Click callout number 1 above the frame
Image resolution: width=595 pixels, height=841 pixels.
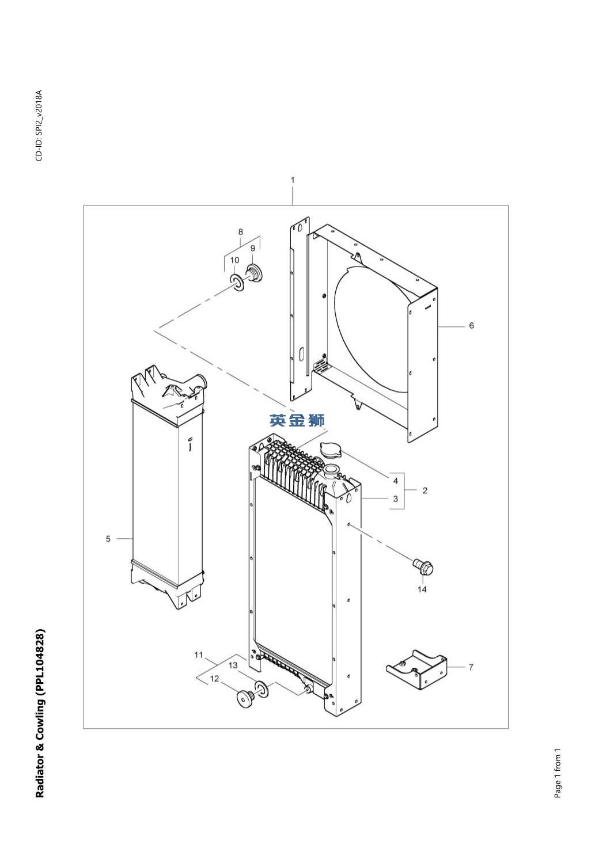click(x=293, y=180)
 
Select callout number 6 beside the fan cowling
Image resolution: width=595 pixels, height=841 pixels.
click(x=471, y=325)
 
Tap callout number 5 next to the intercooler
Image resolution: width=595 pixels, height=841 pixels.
click(x=108, y=539)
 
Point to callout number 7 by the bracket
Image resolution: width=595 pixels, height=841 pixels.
click(x=471, y=667)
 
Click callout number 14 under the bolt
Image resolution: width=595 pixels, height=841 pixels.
click(x=422, y=589)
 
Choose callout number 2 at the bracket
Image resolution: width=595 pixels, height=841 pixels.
click(x=425, y=490)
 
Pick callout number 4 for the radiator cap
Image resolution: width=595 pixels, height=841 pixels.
click(x=395, y=481)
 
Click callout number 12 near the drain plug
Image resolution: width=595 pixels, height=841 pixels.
click(x=214, y=679)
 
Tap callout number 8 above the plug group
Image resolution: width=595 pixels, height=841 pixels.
click(x=241, y=232)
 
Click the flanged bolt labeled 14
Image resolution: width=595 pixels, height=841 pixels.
click(x=423, y=569)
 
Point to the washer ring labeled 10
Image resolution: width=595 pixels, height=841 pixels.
click(x=237, y=283)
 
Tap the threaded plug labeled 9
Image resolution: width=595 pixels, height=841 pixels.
click(x=254, y=273)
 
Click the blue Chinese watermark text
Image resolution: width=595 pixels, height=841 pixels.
click(x=297, y=420)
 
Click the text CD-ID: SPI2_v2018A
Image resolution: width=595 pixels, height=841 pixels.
click(x=39, y=125)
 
